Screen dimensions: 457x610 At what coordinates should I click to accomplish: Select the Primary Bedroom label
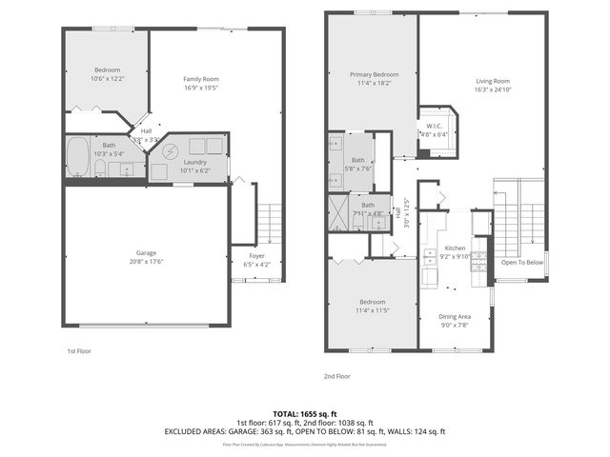(x=373, y=74)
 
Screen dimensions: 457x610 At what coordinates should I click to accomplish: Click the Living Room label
(x=493, y=81)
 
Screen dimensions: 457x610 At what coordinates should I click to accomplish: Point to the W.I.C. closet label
(x=434, y=126)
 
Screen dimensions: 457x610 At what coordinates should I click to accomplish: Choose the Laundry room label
(x=195, y=163)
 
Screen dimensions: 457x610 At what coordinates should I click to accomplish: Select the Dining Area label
(x=455, y=316)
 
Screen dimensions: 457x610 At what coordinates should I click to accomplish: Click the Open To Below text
(x=522, y=262)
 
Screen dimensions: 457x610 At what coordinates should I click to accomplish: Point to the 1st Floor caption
(x=79, y=351)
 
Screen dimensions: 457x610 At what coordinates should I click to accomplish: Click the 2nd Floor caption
(x=337, y=376)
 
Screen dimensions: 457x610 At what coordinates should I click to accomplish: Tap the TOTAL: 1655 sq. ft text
(x=305, y=414)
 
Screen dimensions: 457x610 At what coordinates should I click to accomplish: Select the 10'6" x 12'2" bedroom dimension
(x=109, y=79)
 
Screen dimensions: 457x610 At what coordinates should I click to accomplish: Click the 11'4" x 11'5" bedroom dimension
(x=373, y=310)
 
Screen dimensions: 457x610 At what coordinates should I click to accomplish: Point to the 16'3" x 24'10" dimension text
(x=493, y=89)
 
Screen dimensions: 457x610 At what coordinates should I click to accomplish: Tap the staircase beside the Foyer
(x=271, y=223)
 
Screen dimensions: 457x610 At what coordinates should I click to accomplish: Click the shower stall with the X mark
(x=338, y=212)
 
